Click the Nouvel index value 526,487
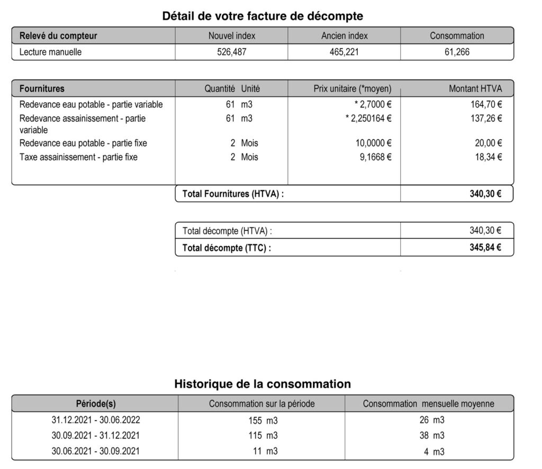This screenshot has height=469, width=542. tap(232, 52)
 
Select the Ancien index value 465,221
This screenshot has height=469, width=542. tap(344, 52)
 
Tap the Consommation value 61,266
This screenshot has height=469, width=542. tap(456, 52)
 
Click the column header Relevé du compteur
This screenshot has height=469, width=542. tap(58, 36)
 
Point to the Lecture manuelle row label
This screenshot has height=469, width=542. tap(51, 52)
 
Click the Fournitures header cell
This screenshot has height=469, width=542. tap(42, 89)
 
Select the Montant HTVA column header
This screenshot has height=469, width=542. tap(475, 89)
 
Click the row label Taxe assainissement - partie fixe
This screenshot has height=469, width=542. tap(78, 157)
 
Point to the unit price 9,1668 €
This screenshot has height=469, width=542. tap(374, 157)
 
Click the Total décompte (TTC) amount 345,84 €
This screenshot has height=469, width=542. tap(485, 248)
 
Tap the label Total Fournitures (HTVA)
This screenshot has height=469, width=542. tap(233, 194)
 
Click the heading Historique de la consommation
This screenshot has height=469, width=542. tap(263, 384)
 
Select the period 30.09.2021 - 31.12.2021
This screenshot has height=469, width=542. tap(96, 436)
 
